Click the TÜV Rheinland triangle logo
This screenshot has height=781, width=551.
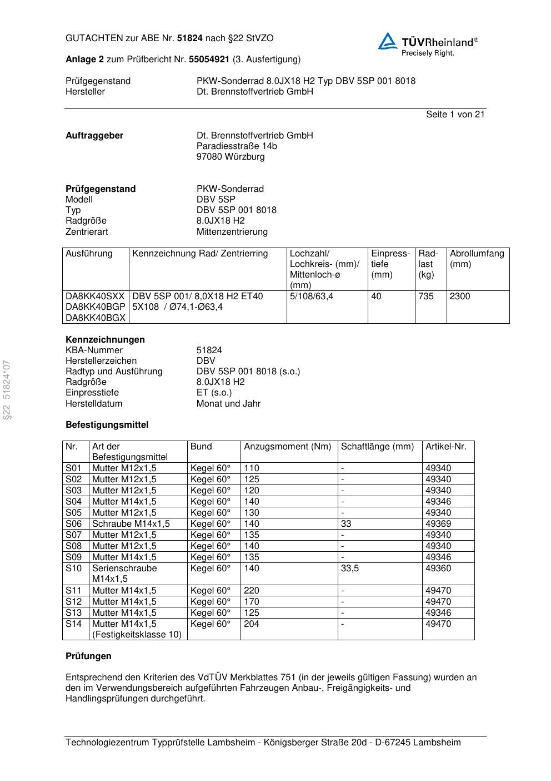(388, 42)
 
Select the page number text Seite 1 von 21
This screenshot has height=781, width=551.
(455, 115)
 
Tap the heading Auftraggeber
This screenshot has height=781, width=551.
(94, 136)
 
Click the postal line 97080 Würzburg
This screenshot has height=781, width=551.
(231, 157)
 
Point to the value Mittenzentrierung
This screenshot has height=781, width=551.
(232, 231)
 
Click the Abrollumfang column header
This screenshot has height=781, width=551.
(477, 259)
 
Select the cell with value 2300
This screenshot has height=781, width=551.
(459, 296)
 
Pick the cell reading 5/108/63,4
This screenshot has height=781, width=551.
(311, 296)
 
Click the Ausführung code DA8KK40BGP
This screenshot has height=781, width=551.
(95, 307)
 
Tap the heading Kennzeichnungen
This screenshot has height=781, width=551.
(105, 340)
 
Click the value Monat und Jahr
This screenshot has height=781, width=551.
(228, 404)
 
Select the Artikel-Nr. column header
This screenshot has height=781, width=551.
(446, 447)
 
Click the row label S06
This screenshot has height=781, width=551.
(73, 524)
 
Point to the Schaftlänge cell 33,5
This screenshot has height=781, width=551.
(349, 569)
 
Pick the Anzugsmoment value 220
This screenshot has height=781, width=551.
(252, 591)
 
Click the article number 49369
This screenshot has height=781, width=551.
(438, 524)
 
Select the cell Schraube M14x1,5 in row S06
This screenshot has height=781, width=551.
(131, 524)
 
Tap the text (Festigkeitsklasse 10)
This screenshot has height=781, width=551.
(137, 635)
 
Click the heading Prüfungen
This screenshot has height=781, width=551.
(88, 656)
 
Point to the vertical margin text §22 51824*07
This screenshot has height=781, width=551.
(7, 389)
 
